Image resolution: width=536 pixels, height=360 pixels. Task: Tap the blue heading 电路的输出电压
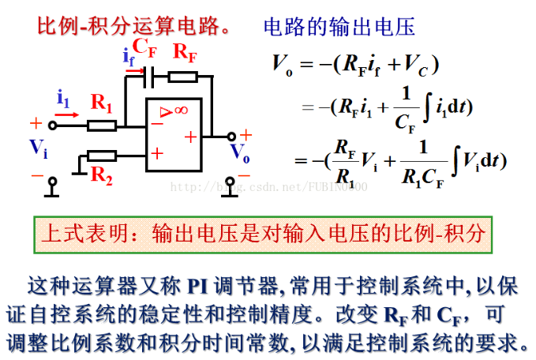pyautogui.click(x=339, y=26)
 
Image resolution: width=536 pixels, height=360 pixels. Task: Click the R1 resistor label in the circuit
pyautogui.click(x=102, y=102)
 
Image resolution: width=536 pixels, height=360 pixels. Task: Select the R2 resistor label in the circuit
pyautogui.click(x=102, y=175)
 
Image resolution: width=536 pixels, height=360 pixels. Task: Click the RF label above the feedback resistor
pyautogui.click(x=185, y=52)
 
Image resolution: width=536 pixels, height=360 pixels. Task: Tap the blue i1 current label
pyautogui.click(x=63, y=98)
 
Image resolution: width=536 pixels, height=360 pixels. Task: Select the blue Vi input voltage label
pyautogui.click(x=38, y=147)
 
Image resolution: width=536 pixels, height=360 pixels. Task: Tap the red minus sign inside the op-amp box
pyautogui.click(x=157, y=124)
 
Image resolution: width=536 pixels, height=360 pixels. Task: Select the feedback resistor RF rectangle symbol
pyautogui.click(x=182, y=76)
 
